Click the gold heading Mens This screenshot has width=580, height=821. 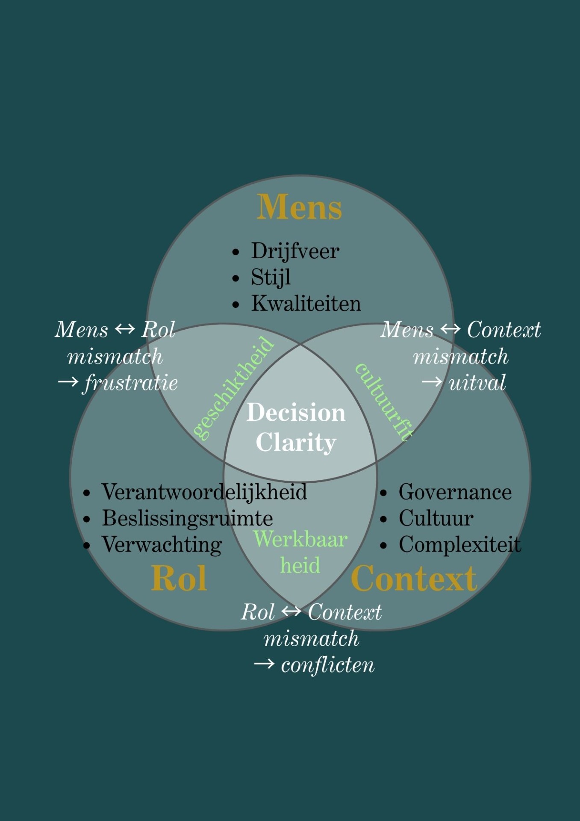(299, 207)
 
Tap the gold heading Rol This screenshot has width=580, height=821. (179, 578)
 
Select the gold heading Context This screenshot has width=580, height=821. (413, 578)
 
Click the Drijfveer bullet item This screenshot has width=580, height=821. (295, 251)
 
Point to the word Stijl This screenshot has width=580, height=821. (271, 277)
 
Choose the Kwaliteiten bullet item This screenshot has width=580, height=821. (306, 304)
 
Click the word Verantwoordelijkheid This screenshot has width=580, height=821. (204, 492)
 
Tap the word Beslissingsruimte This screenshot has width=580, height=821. (187, 518)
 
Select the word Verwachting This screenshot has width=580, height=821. (162, 545)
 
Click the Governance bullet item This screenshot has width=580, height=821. (455, 492)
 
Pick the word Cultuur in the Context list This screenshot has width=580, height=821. (436, 518)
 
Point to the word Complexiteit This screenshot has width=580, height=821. (460, 545)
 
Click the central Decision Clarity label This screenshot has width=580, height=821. (296, 427)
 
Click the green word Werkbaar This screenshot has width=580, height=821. (300, 539)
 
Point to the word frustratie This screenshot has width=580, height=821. (131, 383)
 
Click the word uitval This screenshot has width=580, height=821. (477, 383)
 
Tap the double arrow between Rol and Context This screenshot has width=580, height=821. (291, 612)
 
